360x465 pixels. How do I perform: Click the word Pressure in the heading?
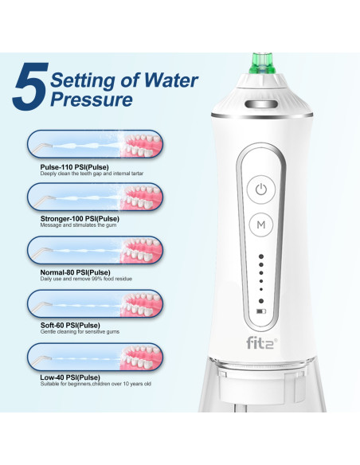pos(91,100)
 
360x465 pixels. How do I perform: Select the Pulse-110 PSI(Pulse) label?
pos(70,166)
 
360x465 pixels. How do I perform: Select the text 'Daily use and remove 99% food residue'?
pos(84,279)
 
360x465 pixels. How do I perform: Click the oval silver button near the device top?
pos(260,104)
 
